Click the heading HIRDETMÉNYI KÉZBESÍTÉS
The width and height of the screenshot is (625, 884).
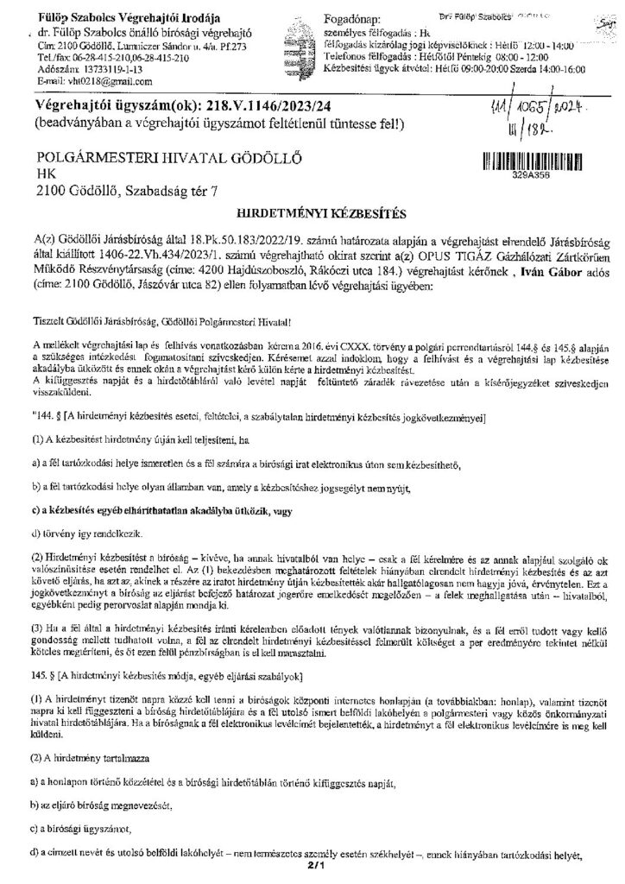312,211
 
